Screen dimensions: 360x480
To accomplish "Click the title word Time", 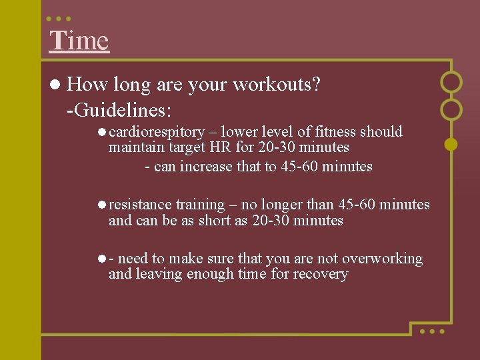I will point(79,41).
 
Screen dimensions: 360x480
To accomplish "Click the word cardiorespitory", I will point(157,132).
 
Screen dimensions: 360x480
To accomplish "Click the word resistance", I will point(140,205).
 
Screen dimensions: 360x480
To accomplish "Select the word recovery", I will point(321,274).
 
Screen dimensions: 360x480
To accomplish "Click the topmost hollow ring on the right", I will point(451,82).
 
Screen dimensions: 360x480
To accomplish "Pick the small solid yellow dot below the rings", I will point(451,143).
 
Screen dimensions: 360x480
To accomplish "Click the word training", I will point(200,205).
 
